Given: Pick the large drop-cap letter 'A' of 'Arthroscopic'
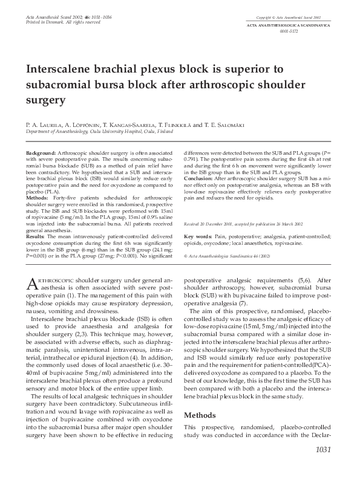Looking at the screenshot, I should pyautogui.click(x=31, y=284).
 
